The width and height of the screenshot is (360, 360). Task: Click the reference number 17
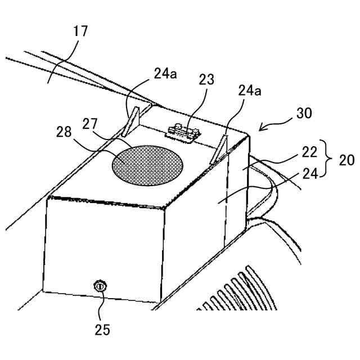tap(80, 31)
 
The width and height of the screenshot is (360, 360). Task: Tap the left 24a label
tap(165, 73)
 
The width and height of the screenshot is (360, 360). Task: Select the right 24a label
tap(250, 90)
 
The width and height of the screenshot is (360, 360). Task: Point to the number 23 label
tap(206, 79)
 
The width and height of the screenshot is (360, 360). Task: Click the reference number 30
tap(304, 114)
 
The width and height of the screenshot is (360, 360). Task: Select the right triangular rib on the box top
tap(220, 147)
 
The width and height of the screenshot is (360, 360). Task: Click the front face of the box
tap(104, 247)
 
